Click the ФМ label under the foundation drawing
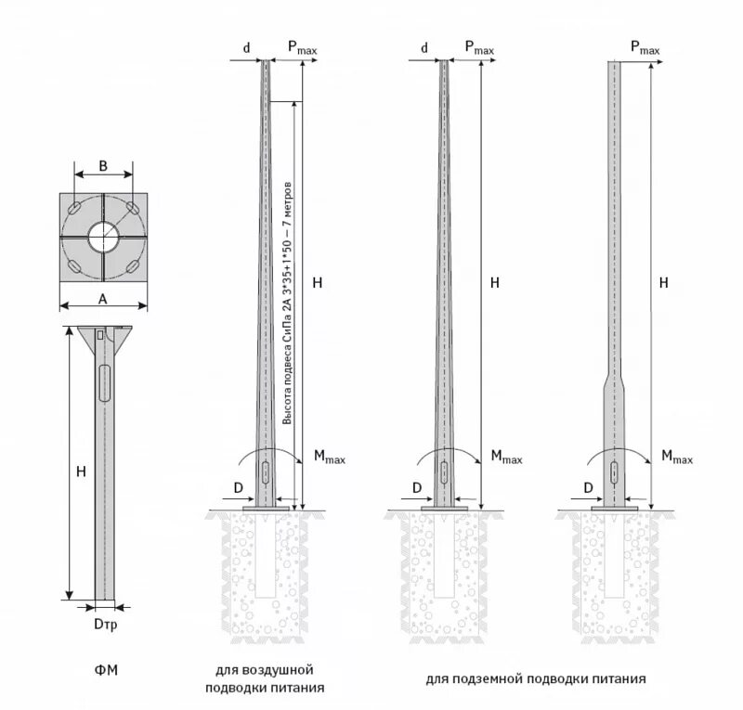click(106, 669)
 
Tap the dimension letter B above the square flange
click(103, 166)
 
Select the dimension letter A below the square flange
click(103, 299)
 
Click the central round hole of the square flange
click(103, 238)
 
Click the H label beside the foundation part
click(81, 471)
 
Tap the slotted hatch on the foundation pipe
click(102, 382)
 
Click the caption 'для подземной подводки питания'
click(536, 678)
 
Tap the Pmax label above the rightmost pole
click(645, 46)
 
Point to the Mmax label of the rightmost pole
click(676, 456)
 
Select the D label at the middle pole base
click(417, 487)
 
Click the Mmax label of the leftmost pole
click(329, 456)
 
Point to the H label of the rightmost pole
click(663, 282)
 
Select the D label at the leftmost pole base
click(238, 487)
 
